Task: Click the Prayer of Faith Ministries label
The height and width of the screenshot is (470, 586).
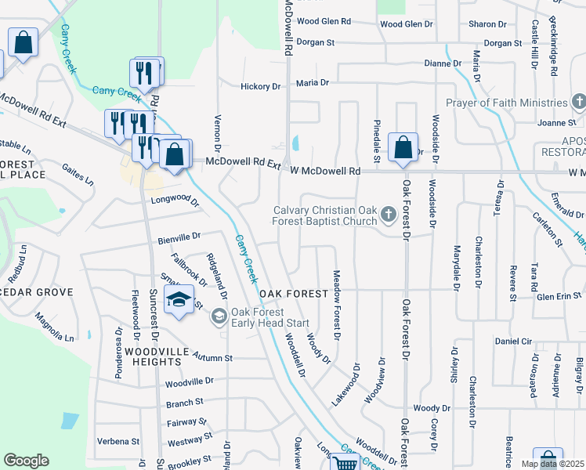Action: (505, 103)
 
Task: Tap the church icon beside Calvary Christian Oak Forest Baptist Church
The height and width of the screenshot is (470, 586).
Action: (388, 214)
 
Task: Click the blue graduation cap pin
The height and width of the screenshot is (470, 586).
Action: (179, 301)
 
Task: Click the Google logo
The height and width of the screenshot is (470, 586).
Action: (26, 461)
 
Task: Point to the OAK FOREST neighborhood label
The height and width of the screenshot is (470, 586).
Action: (294, 293)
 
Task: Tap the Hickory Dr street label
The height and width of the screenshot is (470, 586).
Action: (260, 86)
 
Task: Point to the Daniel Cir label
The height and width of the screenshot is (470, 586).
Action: (513, 342)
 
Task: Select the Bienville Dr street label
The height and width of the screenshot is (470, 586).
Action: (179, 235)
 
